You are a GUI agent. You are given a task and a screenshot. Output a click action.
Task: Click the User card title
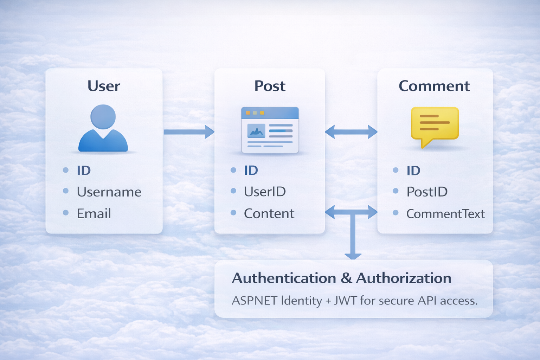[x=104, y=86]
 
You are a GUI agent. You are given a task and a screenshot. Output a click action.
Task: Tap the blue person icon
[x=103, y=129]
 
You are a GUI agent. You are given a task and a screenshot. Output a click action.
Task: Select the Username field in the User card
[x=109, y=192]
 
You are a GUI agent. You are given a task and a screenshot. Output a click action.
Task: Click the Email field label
[x=94, y=214]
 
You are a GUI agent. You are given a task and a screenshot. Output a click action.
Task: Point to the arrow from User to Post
[x=189, y=132]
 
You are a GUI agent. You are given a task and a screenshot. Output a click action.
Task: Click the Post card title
[x=270, y=86]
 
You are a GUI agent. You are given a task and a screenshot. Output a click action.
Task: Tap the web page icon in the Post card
[x=270, y=130]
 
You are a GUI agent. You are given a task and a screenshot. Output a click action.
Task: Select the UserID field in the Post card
[x=265, y=192]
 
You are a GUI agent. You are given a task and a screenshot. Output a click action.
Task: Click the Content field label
[x=269, y=214]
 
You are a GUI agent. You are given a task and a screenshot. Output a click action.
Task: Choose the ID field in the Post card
[x=251, y=171]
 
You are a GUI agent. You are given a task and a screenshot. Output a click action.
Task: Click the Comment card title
[x=434, y=86]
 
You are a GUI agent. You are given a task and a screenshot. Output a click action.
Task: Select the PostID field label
[x=427, y=192]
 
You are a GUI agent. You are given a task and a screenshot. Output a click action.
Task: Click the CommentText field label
[x=445, y=214]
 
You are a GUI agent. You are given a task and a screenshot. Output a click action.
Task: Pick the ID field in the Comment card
[x=413, y=171]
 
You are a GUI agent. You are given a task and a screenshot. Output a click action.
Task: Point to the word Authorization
[x=404, y=278]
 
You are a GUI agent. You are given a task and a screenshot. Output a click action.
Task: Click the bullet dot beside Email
[x=66, y=213]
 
